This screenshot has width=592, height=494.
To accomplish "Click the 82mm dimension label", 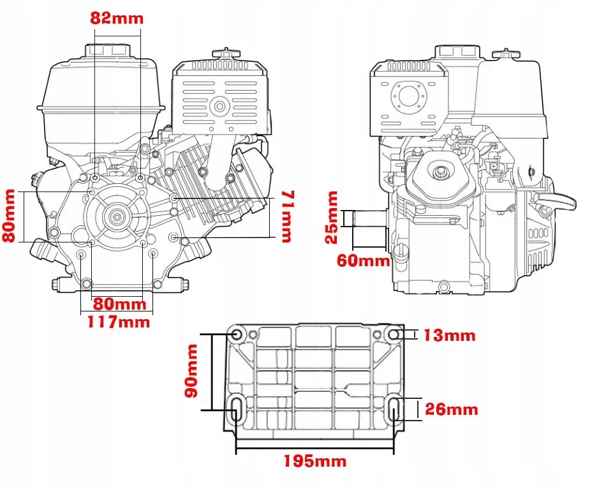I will [117, 18].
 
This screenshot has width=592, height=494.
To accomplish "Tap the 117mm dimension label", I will [119, 322].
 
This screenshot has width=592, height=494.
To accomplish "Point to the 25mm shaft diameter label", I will [332, 218].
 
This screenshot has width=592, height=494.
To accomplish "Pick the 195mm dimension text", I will [316, 461].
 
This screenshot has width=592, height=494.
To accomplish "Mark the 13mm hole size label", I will [449, 335].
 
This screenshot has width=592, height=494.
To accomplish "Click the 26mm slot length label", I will [451, 409].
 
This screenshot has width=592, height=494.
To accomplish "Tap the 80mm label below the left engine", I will [119, 303].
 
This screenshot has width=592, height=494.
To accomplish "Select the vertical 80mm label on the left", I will [9, 215].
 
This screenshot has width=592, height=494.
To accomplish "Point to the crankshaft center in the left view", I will [117, 217].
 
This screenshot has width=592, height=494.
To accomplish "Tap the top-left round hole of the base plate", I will [236, 334].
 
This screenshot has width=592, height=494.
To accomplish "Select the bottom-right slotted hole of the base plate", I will [395, 408].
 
